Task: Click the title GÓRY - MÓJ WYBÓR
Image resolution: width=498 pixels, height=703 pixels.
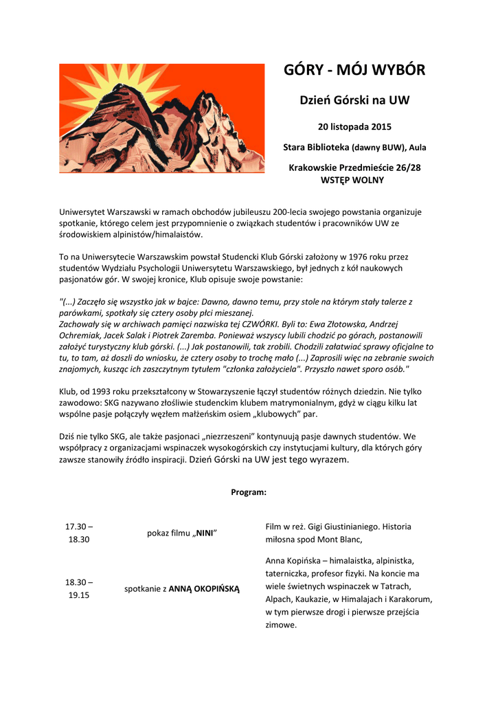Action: (354, 70)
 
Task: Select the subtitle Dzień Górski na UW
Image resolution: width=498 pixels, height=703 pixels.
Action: (354, 100)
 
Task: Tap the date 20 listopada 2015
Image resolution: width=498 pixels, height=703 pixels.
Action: (354, 127)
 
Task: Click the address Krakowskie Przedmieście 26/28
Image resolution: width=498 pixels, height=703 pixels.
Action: (354, 168)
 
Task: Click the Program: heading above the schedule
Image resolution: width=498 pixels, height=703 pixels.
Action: (249, 492)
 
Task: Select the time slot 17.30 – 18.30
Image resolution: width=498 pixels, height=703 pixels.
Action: (79, 533)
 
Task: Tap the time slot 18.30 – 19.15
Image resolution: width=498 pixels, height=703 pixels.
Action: (79, 588)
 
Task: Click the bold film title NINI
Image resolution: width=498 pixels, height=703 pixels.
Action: (204, 533)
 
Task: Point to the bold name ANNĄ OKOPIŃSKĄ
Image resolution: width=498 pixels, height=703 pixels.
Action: (204, 588)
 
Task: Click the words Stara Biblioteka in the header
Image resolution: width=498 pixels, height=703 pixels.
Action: (316, 147)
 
